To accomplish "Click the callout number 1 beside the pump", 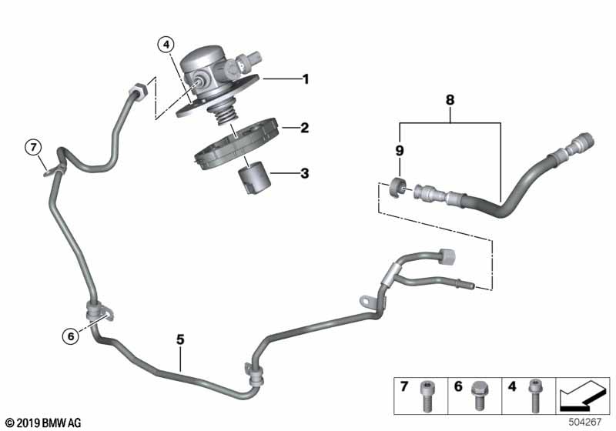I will pyautogui.click(x=305, y=79).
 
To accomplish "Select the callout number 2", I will pyautogui.click(x=305, y=128).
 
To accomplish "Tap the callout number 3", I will pyautogui.click(x=305, y=174).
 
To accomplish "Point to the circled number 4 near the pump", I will pyautogui.click(x=167, y=45).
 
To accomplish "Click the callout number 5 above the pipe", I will pyautogui.click(x=180, y=339).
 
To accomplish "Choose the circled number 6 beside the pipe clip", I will pyautogui.click(x=71, y=335).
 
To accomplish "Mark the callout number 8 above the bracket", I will pyautogui.click(x=450, y=99).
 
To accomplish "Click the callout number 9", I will pyautogui.click(x=400, y=149).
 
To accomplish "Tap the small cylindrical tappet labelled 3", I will pyautogui.click(x=253, y=179).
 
